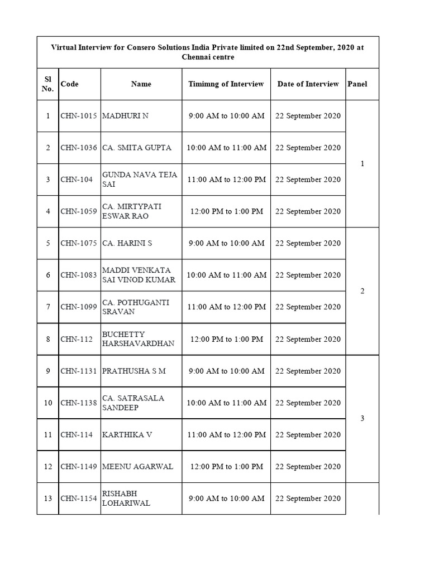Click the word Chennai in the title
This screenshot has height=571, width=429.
pyautogui.click(x=196, y=57)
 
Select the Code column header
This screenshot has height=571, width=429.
pyautogui.click(x=70, y=84)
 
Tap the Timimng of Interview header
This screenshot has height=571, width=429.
pyautogui.click(x=226, y=84)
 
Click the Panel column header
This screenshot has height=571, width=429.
pyautogui.click(x=357, y=84)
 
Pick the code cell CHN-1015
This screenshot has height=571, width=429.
pyautogui.click(x=79, y=116)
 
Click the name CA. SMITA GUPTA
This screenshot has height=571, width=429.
pyautogui.click(x=137, y=148)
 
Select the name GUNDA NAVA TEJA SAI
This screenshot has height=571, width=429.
pyautogui.click(x=140, y=180)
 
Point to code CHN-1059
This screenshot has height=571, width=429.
pyautogui.click(x=79, y=211)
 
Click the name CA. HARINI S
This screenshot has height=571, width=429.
pyautogui.click(x=127, y=243)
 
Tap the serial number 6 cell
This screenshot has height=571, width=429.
pyautogui.click(x=48, y=275)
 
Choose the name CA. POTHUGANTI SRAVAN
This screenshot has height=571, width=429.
pyautogui.click(x=136, y=307)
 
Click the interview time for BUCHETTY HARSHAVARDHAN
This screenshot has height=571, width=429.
pyautogui.click(x=226, y=339)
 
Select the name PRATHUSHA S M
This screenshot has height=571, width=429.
pyautogui.click(x=134, y=371)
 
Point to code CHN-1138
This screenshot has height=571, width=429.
pyautogui.click(x=79, y=403)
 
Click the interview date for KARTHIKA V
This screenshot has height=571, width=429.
pyautogui.click(x=308, y=434)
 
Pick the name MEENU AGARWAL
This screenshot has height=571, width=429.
pyautogui.click(x=137, y=467)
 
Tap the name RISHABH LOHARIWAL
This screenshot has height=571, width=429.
pyautogui.click(x=126, y=499)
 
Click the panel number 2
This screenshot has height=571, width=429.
pyautogui.click(x=363, y=291)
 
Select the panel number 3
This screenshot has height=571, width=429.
pyautogui.click(x=363, y=419)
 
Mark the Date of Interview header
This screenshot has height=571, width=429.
pyautogui.click(x=308, y=84)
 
